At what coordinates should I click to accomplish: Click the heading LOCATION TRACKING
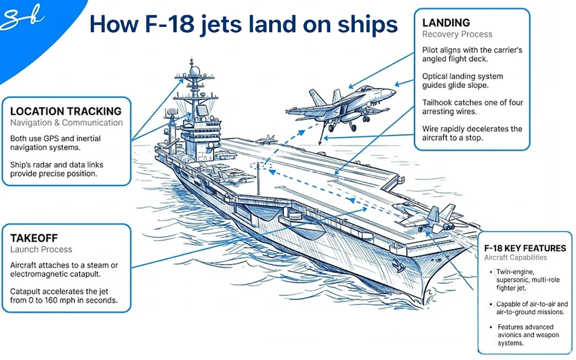coord(66,112)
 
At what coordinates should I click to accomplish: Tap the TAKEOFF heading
coord(35,238)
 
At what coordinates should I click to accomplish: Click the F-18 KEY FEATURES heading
coord(525,248)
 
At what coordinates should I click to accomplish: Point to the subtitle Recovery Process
coord(456,34)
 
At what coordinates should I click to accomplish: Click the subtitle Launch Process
coord(41,250)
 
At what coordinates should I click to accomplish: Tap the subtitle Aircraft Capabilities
coord(516,258)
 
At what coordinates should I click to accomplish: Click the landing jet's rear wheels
coord(353,127)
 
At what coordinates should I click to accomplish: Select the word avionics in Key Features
coord(511,336)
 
